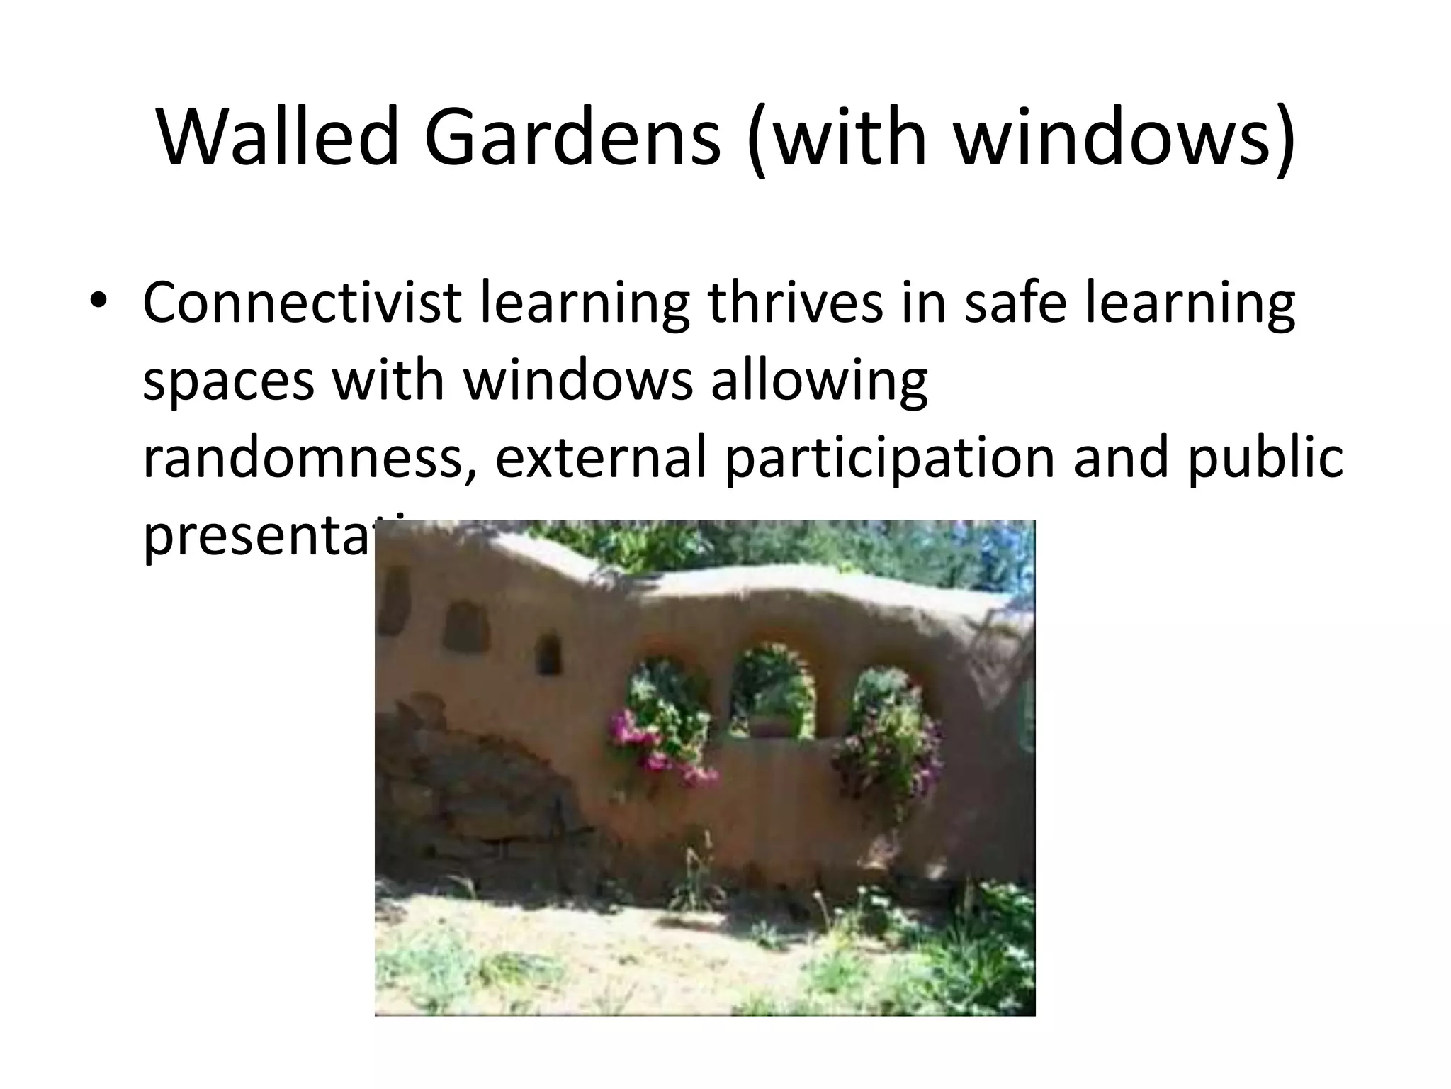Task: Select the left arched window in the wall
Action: [x=668, y=698]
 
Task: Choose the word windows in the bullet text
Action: [x=577, y=380]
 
